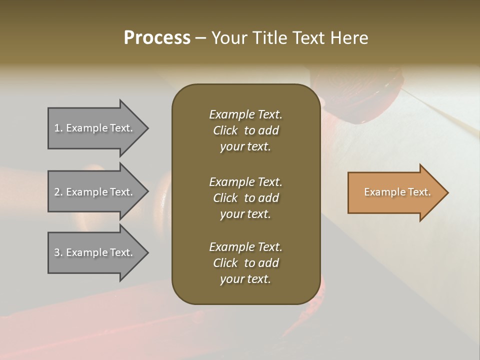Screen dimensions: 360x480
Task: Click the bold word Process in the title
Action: [157, 38]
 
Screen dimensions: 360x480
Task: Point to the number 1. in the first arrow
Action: [58, 128]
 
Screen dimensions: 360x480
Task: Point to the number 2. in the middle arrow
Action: [58, 192]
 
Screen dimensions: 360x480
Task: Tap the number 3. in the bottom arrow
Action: [58, 252]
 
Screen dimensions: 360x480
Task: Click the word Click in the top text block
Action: [225, 130]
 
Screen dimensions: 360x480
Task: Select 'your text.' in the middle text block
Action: [245, 214]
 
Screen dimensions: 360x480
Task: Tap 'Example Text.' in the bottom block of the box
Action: [245, 247]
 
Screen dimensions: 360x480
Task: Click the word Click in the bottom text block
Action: [225, 263]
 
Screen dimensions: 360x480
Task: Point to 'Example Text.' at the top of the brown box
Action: [245, 114]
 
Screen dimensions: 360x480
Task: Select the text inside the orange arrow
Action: [397, 192]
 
